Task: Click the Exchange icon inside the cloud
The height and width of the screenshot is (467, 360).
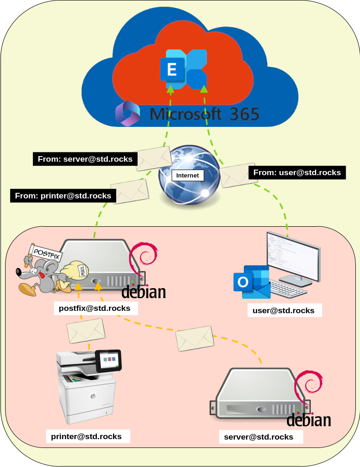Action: (183, 70)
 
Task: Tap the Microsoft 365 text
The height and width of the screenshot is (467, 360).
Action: (205, 114)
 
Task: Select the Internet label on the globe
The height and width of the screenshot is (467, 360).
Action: (187, 175)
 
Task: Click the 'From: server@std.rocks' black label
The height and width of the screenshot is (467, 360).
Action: (85, 159)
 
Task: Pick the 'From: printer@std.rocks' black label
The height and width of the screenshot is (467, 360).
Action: (63, 196)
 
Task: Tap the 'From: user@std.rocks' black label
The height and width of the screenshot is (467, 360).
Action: (297, 172)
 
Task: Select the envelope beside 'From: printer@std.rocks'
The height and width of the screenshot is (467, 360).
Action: (130, 191)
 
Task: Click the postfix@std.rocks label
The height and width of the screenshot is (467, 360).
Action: (94, 308)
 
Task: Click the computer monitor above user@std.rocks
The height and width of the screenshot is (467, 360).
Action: (293, 256)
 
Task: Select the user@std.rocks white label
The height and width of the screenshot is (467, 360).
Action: (283, 310)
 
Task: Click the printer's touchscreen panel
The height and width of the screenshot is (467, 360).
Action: (108, 360)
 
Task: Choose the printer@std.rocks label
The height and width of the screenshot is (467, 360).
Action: (87, 436)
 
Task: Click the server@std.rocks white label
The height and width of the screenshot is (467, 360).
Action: (259, 437)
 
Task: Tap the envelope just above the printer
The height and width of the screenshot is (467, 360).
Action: (86, 332)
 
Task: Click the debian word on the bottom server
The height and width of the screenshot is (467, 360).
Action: (308, 420)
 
